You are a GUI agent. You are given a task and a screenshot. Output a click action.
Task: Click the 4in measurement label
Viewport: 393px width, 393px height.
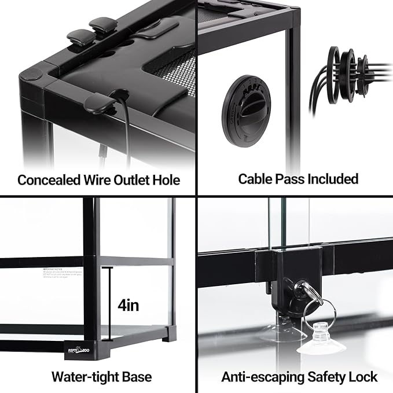(x=128, y=304)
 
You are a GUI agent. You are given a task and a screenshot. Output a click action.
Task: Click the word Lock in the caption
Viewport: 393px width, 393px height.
(x=363, y=377)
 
